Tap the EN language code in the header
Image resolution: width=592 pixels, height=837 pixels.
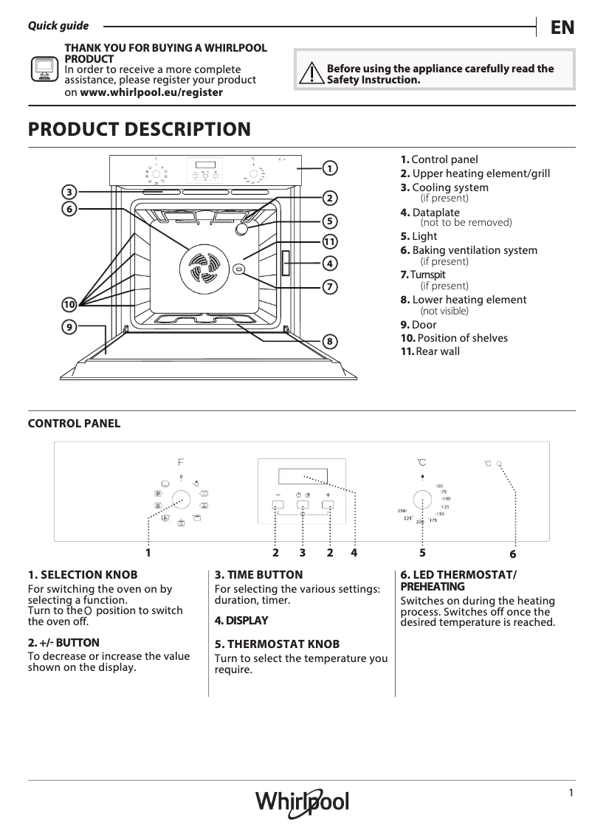(562, 27)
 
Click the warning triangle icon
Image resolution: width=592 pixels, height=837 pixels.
(314, 73)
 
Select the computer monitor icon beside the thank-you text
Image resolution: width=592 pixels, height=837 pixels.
(44, 69)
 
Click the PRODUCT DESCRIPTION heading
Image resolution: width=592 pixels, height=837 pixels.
(139, 130)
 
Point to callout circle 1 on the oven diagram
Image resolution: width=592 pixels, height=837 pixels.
(329, 168)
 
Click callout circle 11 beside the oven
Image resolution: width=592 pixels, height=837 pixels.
(329, 241)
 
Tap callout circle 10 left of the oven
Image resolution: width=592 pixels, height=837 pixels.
(69, 304)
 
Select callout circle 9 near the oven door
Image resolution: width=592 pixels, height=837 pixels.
(69, 326)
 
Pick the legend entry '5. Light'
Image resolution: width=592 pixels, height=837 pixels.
(419, 236)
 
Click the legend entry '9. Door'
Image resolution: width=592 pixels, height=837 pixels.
(418, 325)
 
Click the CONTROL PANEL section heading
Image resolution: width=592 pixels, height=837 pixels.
(74, 424)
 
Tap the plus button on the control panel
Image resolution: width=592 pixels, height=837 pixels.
(328, 506)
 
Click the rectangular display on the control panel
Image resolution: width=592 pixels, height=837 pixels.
(301, 475)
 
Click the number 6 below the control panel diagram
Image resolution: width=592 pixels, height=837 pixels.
(513, 554)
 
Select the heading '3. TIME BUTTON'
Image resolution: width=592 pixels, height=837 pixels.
(258, 574)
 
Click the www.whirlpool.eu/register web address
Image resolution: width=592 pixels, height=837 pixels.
(151, 93)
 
